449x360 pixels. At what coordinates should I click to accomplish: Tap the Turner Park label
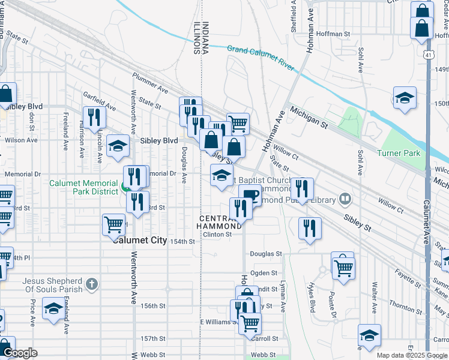pyautogui.click(x=399, y=153)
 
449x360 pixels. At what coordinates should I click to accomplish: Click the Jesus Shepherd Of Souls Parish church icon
pyautogui.click(x=91, y=282)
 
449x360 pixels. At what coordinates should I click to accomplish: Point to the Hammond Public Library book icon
pyautogui.click(x=345, y=198)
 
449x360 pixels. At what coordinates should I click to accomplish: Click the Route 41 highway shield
pyautogui.click(x=426, y=55)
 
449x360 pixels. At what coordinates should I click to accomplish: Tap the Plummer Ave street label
pyautogui.click(x=151, y=88)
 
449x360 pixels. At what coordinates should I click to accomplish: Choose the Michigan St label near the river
pyautogui.click(x=309, y=118)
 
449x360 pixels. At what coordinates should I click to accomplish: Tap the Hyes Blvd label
pyautogui.click(x=312, y=297)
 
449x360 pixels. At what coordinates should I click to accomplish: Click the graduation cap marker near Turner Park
pyautogui.click(x=405, y=98)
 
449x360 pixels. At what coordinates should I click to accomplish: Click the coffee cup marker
pyautogui.click(x=250, y=194)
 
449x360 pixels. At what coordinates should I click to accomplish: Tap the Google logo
pyautogui.click(x=20, y=353)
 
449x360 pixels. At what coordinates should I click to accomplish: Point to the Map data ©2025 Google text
pyautogui.click(x=411, y=355)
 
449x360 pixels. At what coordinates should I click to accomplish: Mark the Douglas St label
pyautogui.click(x=266, y=254)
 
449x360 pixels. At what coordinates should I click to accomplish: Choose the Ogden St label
pyautogui.click(x=263, y=273)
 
